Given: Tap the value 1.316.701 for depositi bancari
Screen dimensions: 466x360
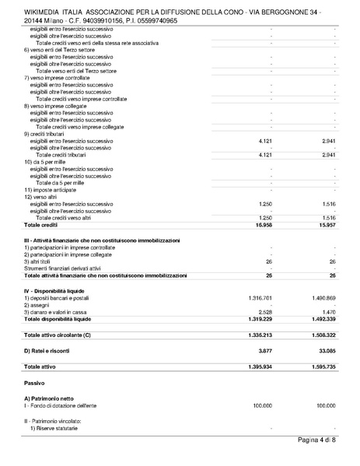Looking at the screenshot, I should (x=264, y=298).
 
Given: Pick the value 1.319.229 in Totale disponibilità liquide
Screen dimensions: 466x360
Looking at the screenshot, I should (x=264, y=319).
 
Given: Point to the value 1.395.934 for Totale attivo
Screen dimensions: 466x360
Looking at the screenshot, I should (x=264, y=366).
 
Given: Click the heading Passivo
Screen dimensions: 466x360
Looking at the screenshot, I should (x=36, y=384).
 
